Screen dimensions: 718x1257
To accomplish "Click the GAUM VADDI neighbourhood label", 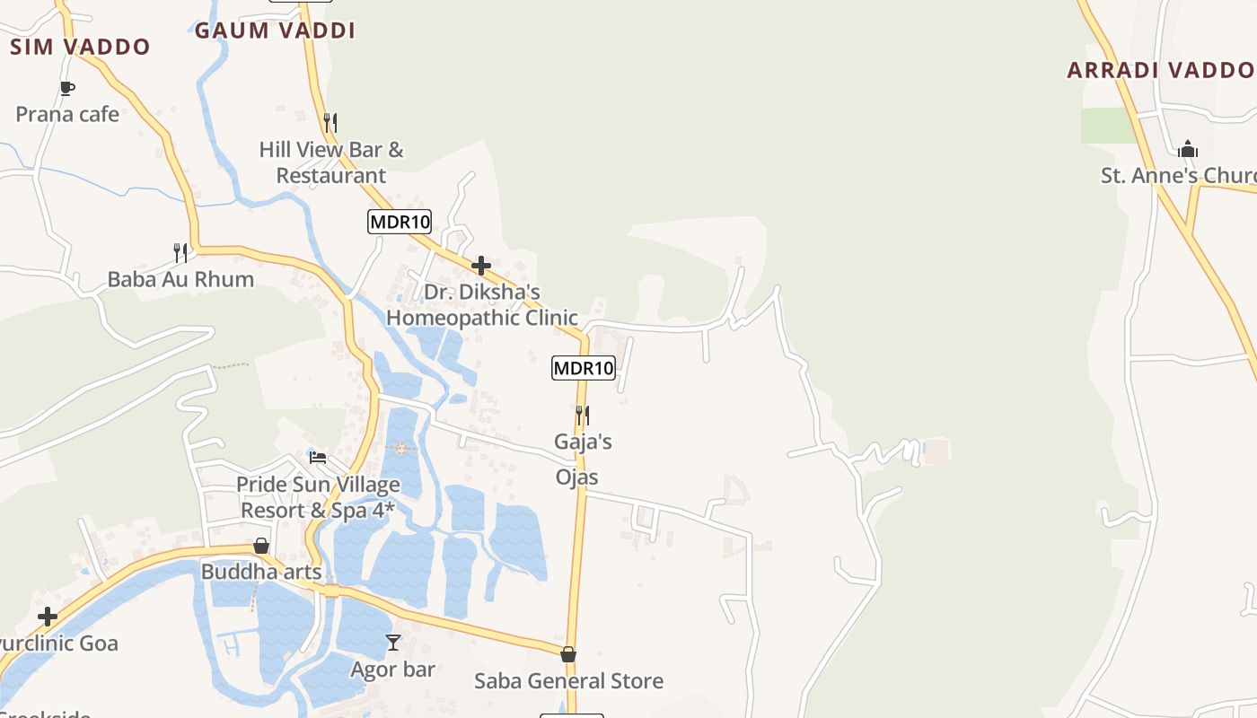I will (275, 31).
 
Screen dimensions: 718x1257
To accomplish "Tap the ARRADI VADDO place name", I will (1160, 70).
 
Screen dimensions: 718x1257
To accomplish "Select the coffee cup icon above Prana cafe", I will (66, 88).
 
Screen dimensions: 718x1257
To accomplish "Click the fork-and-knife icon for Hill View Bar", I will (330, 122).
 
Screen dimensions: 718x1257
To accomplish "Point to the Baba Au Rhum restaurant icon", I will (180, 252).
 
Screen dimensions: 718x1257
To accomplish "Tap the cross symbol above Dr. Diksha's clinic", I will (481, 266).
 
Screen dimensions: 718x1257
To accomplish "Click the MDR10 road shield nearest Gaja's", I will (584, 367).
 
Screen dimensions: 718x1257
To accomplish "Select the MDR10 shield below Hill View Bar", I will (400, 221).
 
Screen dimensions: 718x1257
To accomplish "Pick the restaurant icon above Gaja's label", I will (583, 415).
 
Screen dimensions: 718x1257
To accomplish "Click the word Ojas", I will (576, 477).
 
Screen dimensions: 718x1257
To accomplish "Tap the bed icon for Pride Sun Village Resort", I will (318, 457).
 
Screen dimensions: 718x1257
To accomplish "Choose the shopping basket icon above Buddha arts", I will (261, 546).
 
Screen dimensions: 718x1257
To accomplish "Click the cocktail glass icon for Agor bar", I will (393, 643).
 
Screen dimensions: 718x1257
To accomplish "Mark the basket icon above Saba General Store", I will (568, 654).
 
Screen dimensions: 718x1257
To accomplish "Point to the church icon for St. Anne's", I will (1188, 149).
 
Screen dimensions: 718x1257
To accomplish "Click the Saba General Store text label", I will (568, 681).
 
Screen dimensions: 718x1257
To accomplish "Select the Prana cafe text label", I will (67, 114).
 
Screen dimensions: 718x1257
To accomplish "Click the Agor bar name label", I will (392, 670).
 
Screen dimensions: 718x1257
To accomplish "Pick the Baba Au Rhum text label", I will (180, 279).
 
